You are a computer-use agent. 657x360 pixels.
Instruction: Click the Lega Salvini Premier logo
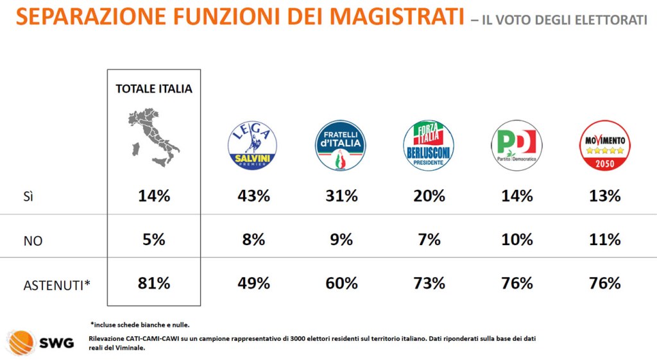click(x=253, y=146)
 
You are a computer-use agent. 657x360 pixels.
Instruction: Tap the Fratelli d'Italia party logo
click(x=340, y=146)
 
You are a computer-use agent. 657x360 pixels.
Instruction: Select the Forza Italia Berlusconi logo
click(x=429, y=146)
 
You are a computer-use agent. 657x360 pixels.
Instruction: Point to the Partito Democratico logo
click(x=516, y=146)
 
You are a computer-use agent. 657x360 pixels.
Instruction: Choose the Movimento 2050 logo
click(x=604, y=146)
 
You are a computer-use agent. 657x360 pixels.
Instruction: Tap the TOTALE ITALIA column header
click(x=154, y=89)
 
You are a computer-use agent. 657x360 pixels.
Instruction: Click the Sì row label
click(x=28, y=196)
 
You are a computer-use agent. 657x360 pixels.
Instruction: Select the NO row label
click(x=33, y=240)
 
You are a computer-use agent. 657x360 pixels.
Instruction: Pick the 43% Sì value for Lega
click(x=253, y=196)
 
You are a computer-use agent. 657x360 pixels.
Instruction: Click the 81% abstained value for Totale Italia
click(x=154, y=282)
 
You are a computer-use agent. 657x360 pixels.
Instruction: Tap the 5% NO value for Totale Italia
click(x=154, y=239)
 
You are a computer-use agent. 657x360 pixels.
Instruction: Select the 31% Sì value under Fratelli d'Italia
click(x=341, y=196)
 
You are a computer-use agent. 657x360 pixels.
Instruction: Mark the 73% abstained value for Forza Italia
click(x=429, y=283)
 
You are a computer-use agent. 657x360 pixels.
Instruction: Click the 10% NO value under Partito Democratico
click(x=516, y=240)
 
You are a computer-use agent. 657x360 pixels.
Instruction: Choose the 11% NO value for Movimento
click(x=604, y=240)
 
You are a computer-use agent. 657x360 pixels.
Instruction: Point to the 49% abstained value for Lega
click(x=253, y=283)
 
